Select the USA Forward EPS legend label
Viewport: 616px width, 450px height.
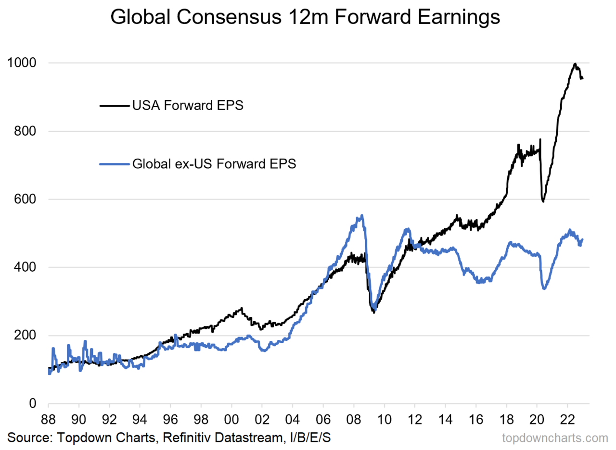[x=188, y=105]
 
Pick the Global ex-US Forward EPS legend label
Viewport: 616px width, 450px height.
[x=214, y=164]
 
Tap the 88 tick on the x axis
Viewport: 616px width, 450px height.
[x=49, y=417]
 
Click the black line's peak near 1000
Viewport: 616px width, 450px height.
[x=575, y=64]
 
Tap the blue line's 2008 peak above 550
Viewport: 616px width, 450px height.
[x=362, y=215]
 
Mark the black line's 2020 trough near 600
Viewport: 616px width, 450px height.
[x=543, y=201]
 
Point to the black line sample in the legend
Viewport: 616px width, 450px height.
[x=115, y=105]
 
